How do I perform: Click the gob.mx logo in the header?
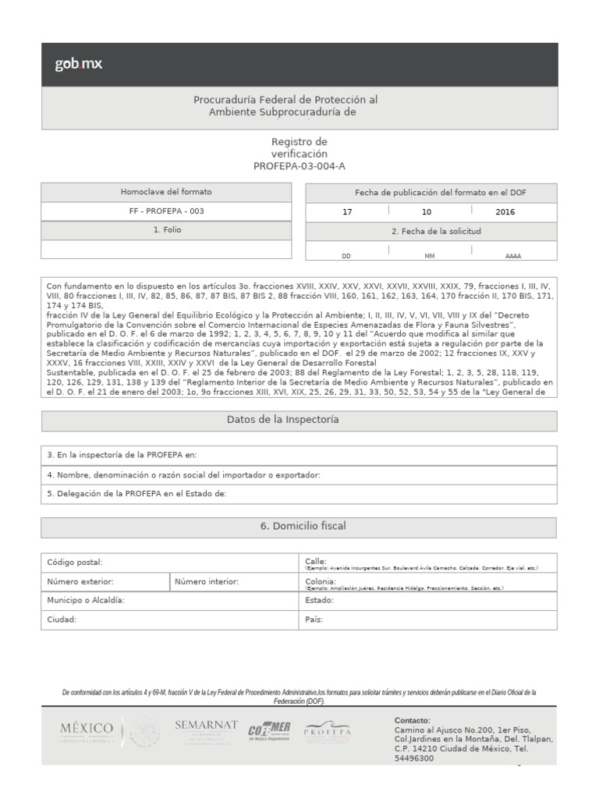pos(78,64)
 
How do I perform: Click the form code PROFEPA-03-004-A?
pos(299,166)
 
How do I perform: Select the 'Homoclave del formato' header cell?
pos(166,192)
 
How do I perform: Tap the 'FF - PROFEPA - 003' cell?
pos(166,211)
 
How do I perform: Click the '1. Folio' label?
pos(166,230)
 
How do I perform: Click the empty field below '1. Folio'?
pos(166,249)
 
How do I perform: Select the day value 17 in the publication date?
pos(347,211)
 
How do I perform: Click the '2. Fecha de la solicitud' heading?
pos(431,232)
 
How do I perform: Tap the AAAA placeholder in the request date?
pos(513,255)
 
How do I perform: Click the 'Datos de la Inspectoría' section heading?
pos(299,421)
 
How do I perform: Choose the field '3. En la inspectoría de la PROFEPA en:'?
pos(299,455)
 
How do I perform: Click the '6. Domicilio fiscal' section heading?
pos(299,527)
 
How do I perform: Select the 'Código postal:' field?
pos(169,563)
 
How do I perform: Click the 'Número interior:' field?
pos(234,582)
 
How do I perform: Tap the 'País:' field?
pos(428,620)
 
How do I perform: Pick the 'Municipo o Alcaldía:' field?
pos(169,601)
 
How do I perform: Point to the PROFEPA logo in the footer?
pos(327,733)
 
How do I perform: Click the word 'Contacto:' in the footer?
pos(413,720)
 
